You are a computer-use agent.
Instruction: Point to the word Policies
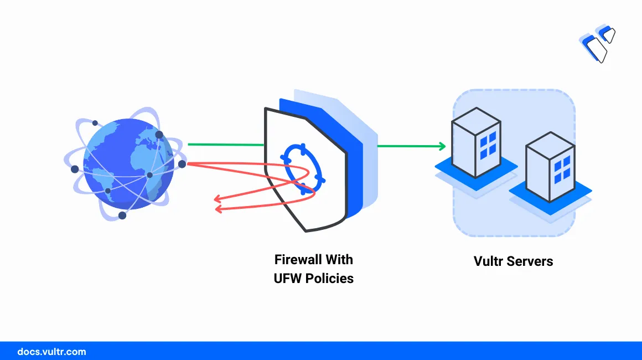tap(330, 279)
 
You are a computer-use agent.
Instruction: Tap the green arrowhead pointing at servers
tap(442, 146)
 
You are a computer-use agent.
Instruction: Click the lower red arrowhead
tap(218, 209)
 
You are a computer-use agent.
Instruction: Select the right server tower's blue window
tap(562, 169)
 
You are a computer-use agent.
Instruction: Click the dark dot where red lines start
tap(182, 164)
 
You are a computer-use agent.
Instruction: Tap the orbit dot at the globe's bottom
tap(122, 215)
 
